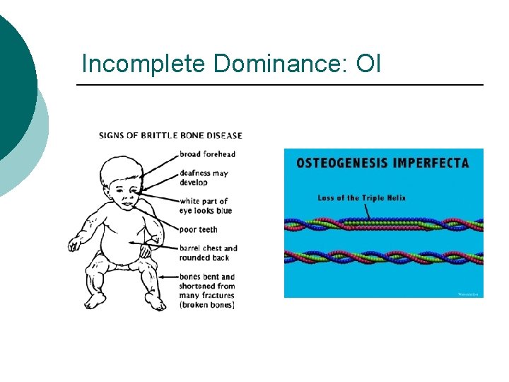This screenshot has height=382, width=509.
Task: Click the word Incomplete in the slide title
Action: point(144,64)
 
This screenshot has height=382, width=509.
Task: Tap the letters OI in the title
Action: point(368,64)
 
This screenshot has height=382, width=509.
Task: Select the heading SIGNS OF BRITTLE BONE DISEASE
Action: point(170,135)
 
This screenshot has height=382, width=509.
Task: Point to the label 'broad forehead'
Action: point(207,154)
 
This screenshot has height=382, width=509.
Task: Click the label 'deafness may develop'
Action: point(204,178)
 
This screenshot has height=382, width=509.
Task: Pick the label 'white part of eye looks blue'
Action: point(206,206)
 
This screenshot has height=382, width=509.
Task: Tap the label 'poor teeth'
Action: point(199,229)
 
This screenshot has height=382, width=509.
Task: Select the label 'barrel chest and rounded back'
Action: point(208,253)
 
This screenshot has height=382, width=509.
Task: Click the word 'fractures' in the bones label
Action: point(216,295)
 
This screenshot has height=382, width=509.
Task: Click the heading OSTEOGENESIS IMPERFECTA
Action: point(382,163)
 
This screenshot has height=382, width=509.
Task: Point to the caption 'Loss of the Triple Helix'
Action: point(361,198)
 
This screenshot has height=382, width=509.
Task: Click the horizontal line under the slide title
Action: point(280,85)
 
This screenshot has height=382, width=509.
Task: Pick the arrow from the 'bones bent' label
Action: point(168,277)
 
